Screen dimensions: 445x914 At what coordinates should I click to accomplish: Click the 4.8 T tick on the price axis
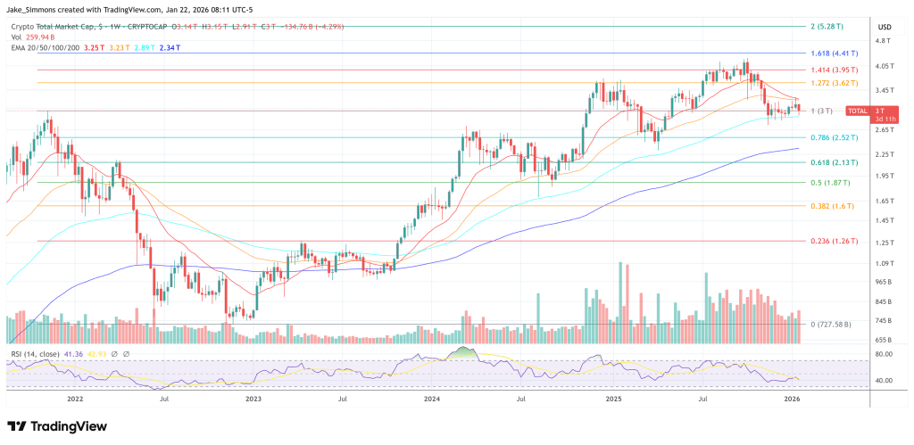pos(884,41)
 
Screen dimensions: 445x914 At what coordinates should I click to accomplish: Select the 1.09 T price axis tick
pos(885,263)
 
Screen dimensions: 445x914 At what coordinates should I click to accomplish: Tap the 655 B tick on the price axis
pos(884,340)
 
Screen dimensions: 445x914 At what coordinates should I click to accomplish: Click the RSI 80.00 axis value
pos(885,354)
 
